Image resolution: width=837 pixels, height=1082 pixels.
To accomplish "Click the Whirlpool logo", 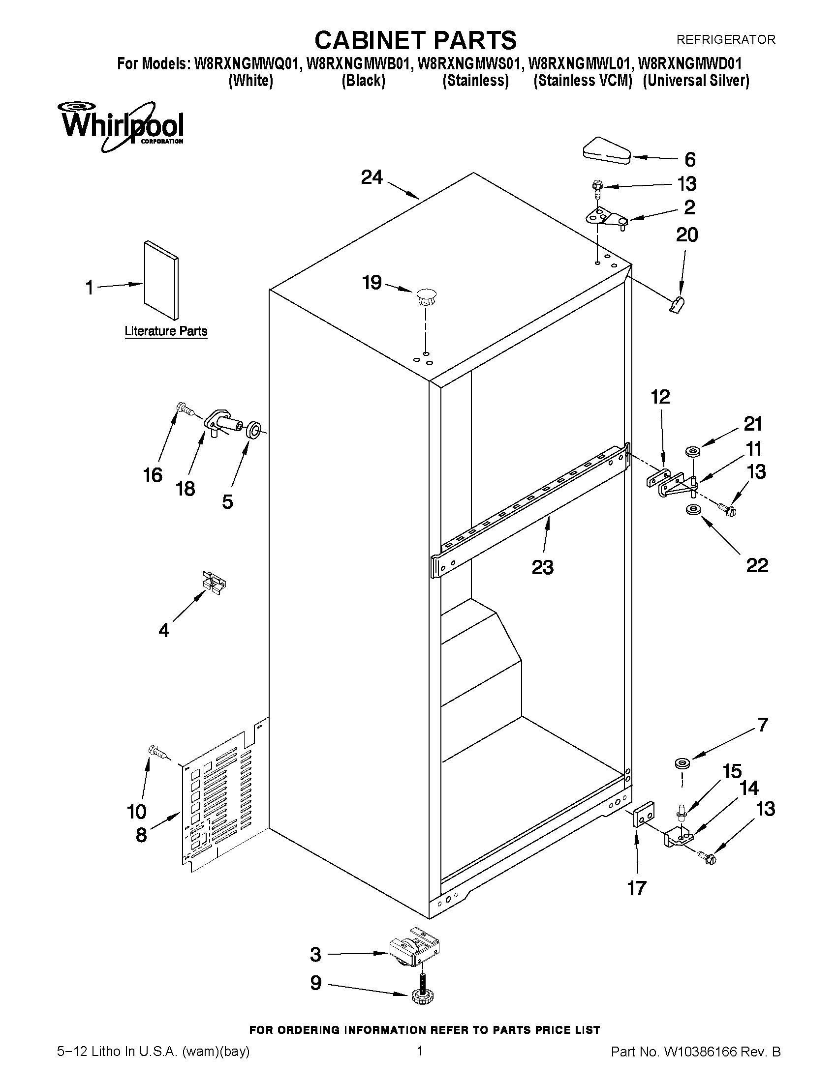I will (122, 126).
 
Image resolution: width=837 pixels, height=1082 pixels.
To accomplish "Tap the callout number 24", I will (372, 177).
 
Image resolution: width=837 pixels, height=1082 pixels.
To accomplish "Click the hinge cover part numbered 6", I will (606, 151).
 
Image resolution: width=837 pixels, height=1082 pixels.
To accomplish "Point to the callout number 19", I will (372, 283).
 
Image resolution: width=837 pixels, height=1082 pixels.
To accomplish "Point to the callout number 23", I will (542, 567).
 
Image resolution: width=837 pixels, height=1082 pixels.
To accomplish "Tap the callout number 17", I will (637, 888).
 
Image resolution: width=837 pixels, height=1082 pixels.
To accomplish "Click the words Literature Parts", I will (166, 331).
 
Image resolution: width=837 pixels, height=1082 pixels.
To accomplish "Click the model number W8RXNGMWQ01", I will (247, 64).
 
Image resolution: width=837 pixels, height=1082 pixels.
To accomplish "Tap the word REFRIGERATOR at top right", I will (725, 39).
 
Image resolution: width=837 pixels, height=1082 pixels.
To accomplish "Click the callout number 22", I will (757, 565).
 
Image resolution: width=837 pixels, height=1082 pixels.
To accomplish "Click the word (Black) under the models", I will (364, 81).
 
